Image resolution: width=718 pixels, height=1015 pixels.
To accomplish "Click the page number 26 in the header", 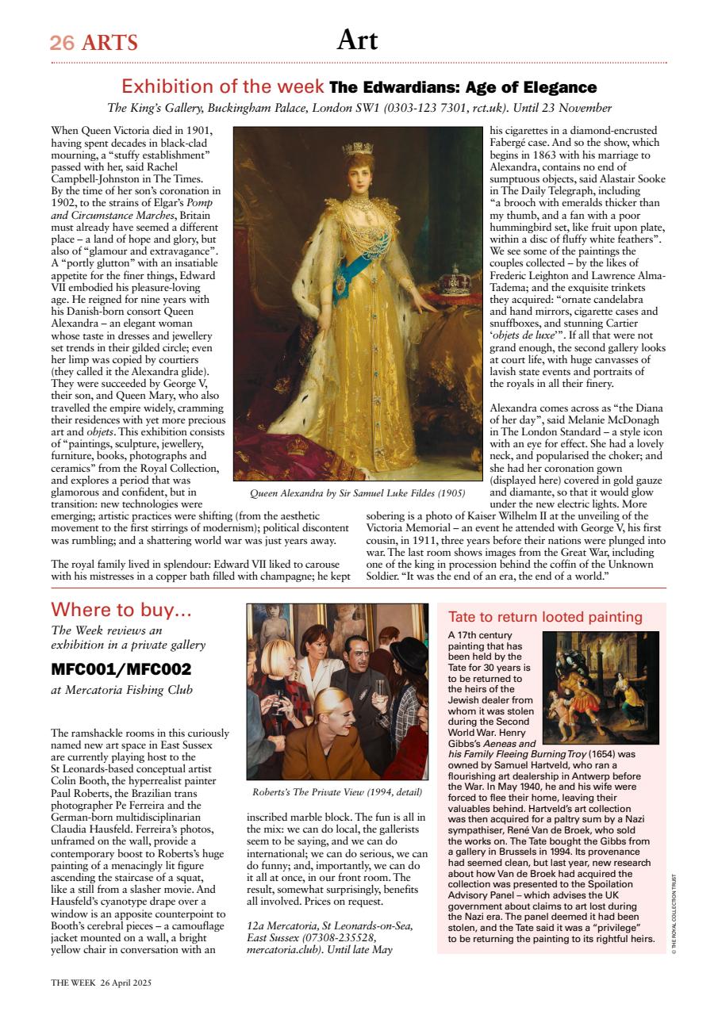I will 62,42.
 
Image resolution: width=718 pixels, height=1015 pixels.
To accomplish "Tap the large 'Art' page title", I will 357,39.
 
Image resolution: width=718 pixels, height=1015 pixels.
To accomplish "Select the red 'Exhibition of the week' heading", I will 223,86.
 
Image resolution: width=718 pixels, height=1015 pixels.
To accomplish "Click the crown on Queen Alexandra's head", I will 358,148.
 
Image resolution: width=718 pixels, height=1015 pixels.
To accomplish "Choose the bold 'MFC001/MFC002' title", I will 121,668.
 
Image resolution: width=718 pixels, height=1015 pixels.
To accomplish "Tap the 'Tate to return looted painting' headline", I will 545,617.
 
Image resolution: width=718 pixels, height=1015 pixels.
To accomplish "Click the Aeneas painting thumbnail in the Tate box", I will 600,687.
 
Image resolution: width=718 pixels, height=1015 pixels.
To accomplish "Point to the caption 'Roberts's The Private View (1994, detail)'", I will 337,791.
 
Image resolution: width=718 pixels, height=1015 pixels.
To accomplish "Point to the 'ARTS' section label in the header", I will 109,42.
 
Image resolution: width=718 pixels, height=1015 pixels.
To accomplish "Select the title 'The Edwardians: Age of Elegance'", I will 463,87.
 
